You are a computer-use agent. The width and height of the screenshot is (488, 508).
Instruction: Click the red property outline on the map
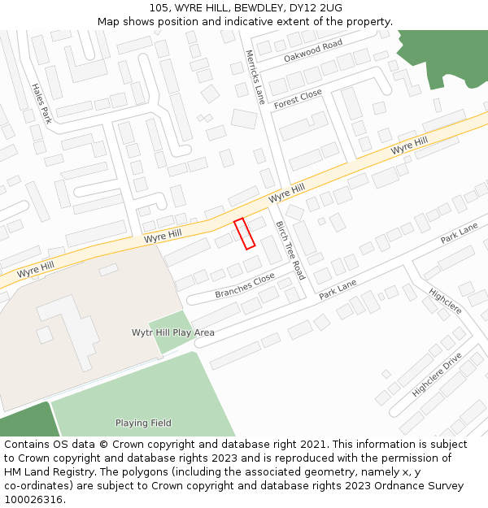pyautogui.click(x=244, y=233)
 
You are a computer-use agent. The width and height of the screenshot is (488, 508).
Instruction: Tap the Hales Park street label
pyautogui.click(x=41, y=103)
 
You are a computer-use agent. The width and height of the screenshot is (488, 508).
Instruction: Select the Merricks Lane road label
pyautogui.click(x=255, y=77)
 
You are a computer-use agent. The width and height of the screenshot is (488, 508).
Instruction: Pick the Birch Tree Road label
pyautogui.click(x=290, y=250)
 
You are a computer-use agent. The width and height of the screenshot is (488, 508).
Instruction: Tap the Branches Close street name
pyautogui.click(x=245, y=285)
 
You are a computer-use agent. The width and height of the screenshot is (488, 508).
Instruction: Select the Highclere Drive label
pyautogui.click(x=436, y=375)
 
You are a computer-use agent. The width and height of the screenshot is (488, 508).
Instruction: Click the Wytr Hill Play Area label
pyautogui.click(x=173, y=332)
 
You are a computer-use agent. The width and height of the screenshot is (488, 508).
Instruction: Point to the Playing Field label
pyautogui.click(x=143, y=423)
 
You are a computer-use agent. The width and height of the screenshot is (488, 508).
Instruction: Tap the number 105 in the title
pyautogui.click(x=159, y=8)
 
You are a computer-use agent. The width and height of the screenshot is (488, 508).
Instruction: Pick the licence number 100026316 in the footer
pyautogui.click(x=33, y=500)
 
